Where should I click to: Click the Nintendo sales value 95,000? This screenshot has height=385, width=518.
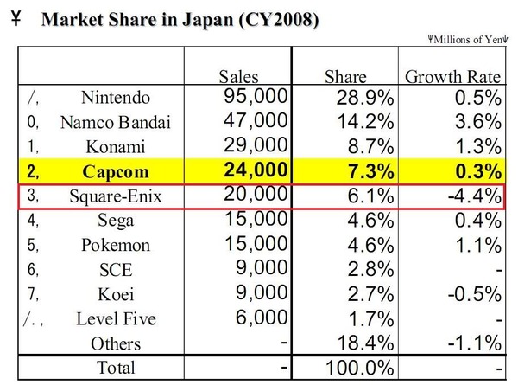(256, 96)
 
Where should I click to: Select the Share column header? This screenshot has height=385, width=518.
(345, 76)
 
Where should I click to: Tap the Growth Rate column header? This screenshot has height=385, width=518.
(453, 76)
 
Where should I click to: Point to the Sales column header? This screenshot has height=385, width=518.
(238, 76)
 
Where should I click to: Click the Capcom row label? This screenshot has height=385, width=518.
(116, 172)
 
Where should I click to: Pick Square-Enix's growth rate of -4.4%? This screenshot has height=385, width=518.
(475, 196)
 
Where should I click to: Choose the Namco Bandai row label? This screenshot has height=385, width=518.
(116, 122)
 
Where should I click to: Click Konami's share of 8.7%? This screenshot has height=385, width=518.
(370, 146)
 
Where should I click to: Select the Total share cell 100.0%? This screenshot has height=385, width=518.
(360, 368)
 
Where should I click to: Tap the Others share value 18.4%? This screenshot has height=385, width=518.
(366, 343)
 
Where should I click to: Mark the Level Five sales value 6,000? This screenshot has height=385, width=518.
(262, 318)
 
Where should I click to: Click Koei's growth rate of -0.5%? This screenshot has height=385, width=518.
(475, 293)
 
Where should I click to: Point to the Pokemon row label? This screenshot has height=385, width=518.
(116, 245)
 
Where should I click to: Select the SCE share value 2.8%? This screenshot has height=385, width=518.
(370, 269)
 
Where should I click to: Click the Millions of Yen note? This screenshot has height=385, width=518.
(467, 40)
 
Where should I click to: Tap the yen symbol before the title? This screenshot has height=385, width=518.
(16, 18)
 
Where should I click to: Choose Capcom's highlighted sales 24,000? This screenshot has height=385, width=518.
(256, 170)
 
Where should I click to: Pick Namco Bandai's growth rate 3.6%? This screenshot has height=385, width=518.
(478, 121)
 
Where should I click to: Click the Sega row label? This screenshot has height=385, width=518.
(116, 221)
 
